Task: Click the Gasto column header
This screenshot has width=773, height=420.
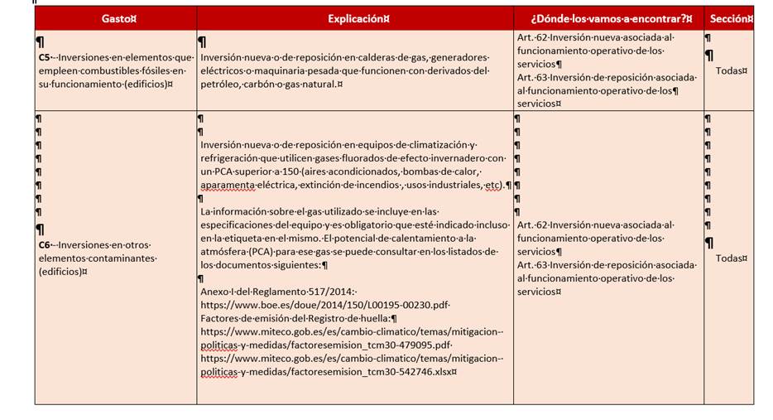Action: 115,18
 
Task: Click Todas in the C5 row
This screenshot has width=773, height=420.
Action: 731,70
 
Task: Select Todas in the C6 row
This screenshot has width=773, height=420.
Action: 731,258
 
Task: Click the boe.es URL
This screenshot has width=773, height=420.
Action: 325,304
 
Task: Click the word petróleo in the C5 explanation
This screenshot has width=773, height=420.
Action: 223,84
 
